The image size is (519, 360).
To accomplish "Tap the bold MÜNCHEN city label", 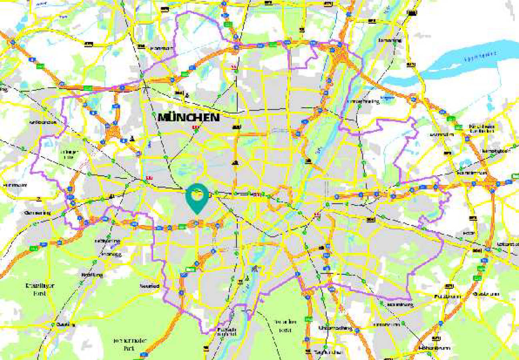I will [189, 117].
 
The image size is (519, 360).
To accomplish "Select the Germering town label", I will [37, 213].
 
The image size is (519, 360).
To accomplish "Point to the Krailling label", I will [92, 275].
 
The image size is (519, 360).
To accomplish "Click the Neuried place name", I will [150, 286].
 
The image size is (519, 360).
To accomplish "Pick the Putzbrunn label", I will [447, 296].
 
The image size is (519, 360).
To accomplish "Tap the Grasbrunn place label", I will [486, 294].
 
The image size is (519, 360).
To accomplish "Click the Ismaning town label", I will [390, 40].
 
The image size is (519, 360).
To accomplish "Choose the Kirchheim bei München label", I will [482, 128].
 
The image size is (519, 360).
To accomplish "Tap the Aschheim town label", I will [441, 135].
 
